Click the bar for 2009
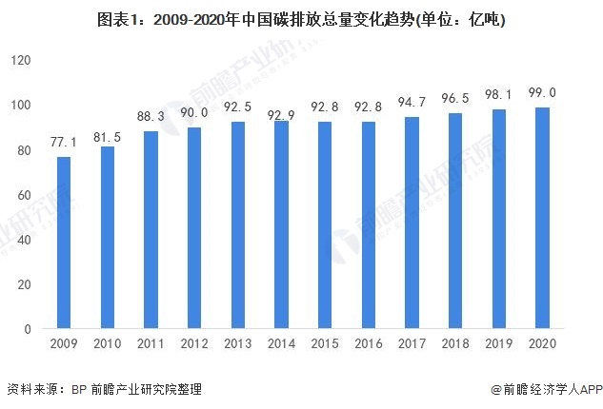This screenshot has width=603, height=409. [x=64, y=243]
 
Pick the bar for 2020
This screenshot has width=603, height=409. [x=542, y=218]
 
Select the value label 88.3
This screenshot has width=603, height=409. [x=151, y=115]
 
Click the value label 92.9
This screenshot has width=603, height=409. [x=282, y=115]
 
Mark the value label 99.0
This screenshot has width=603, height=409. [x=542, y=91]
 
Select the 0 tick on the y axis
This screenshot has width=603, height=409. [x=29, y=328]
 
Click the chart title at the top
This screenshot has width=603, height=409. [x=301, y=18]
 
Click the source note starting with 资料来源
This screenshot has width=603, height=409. [x=104, y=389]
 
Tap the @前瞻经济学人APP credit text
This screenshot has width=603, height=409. [x=541, y=389]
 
